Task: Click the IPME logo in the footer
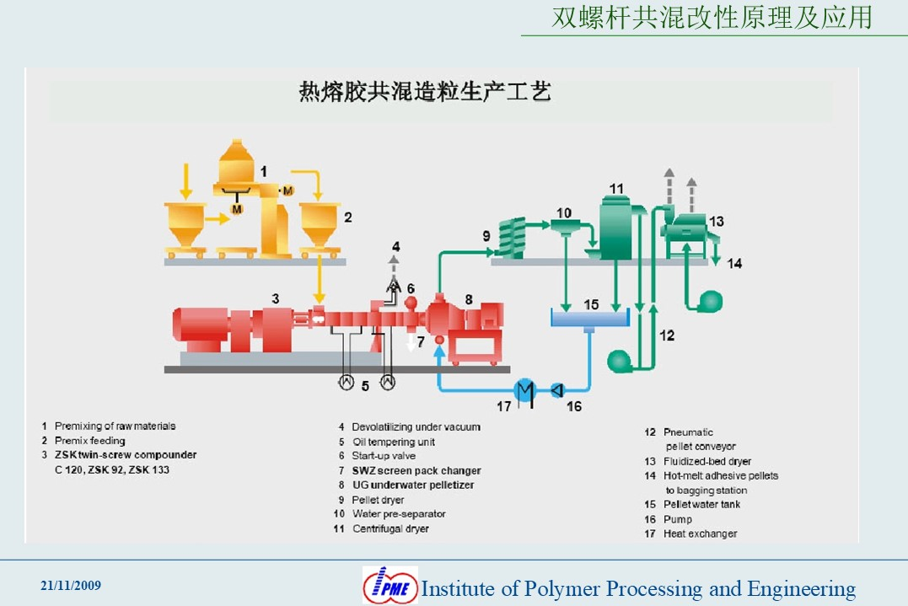click(x=390, y=586)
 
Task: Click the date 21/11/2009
click(x=71, y=586)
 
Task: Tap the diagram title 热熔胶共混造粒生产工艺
click(x=425, y=92)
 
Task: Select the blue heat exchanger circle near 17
click(x=524, y=390)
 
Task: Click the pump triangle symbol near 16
click(x=557, y=391)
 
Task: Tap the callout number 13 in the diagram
click(x=717, y=221)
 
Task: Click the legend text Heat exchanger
click(x=700, y=534)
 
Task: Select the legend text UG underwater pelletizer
click(x=413, y=485)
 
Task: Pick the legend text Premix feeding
click(x=89, y=441)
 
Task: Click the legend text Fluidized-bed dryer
click(x=707, y=461)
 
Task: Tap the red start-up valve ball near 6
click(x=411, y=303)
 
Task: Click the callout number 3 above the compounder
click(x=276, y=298)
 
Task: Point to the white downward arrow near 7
click(x=411, y=343)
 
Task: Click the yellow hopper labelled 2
click(x=319, y=227)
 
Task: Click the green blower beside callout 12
click(x=619, y=362)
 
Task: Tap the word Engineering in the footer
click(x=802, y=589)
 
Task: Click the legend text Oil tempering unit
click(x=394, y=442)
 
